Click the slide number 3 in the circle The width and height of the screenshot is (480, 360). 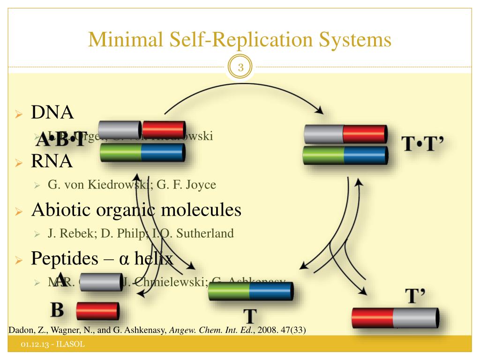241,68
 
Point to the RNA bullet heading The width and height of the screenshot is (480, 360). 52,162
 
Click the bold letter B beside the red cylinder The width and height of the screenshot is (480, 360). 57,310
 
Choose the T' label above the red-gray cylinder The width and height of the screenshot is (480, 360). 415,296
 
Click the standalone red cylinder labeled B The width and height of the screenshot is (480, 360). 97,311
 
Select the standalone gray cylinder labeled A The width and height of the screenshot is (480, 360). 100,281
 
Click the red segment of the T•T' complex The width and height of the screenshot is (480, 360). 364,134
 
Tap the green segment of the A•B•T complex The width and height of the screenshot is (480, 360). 121,153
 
